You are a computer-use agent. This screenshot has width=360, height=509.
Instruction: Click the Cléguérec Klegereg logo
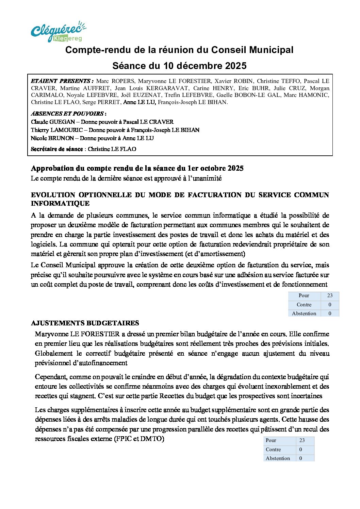[x=58, y=32]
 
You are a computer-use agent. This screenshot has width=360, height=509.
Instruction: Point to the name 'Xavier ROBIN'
[x=234, y=81]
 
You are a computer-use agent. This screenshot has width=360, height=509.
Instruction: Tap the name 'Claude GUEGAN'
[x=53, y=122]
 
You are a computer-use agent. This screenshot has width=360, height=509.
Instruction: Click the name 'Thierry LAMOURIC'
[x=57, y=130]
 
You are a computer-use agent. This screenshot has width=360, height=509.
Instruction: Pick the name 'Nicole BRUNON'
[x=52, y=138]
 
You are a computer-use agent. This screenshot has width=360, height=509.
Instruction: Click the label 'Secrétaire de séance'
[x=56, y=149]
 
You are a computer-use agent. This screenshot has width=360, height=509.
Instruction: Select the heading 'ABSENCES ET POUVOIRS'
[x=67, y=114]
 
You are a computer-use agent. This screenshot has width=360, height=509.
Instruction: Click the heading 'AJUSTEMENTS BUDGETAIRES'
[x=85, y=323]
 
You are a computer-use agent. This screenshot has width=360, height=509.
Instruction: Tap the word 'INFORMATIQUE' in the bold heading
[x=60, y=204]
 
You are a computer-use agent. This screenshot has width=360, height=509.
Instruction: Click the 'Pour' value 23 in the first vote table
[x=330, y=295]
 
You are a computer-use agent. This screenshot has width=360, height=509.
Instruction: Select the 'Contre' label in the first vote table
[x=304, y=305]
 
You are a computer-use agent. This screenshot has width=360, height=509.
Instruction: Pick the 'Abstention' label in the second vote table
[x=278, y=458]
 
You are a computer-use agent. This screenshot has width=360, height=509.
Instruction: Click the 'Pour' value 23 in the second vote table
[x=302, y=440]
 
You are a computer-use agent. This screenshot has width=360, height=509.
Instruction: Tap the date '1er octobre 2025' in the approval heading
[x=215, y=168]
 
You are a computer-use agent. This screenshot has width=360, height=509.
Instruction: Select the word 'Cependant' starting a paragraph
[x=51, y=377]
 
